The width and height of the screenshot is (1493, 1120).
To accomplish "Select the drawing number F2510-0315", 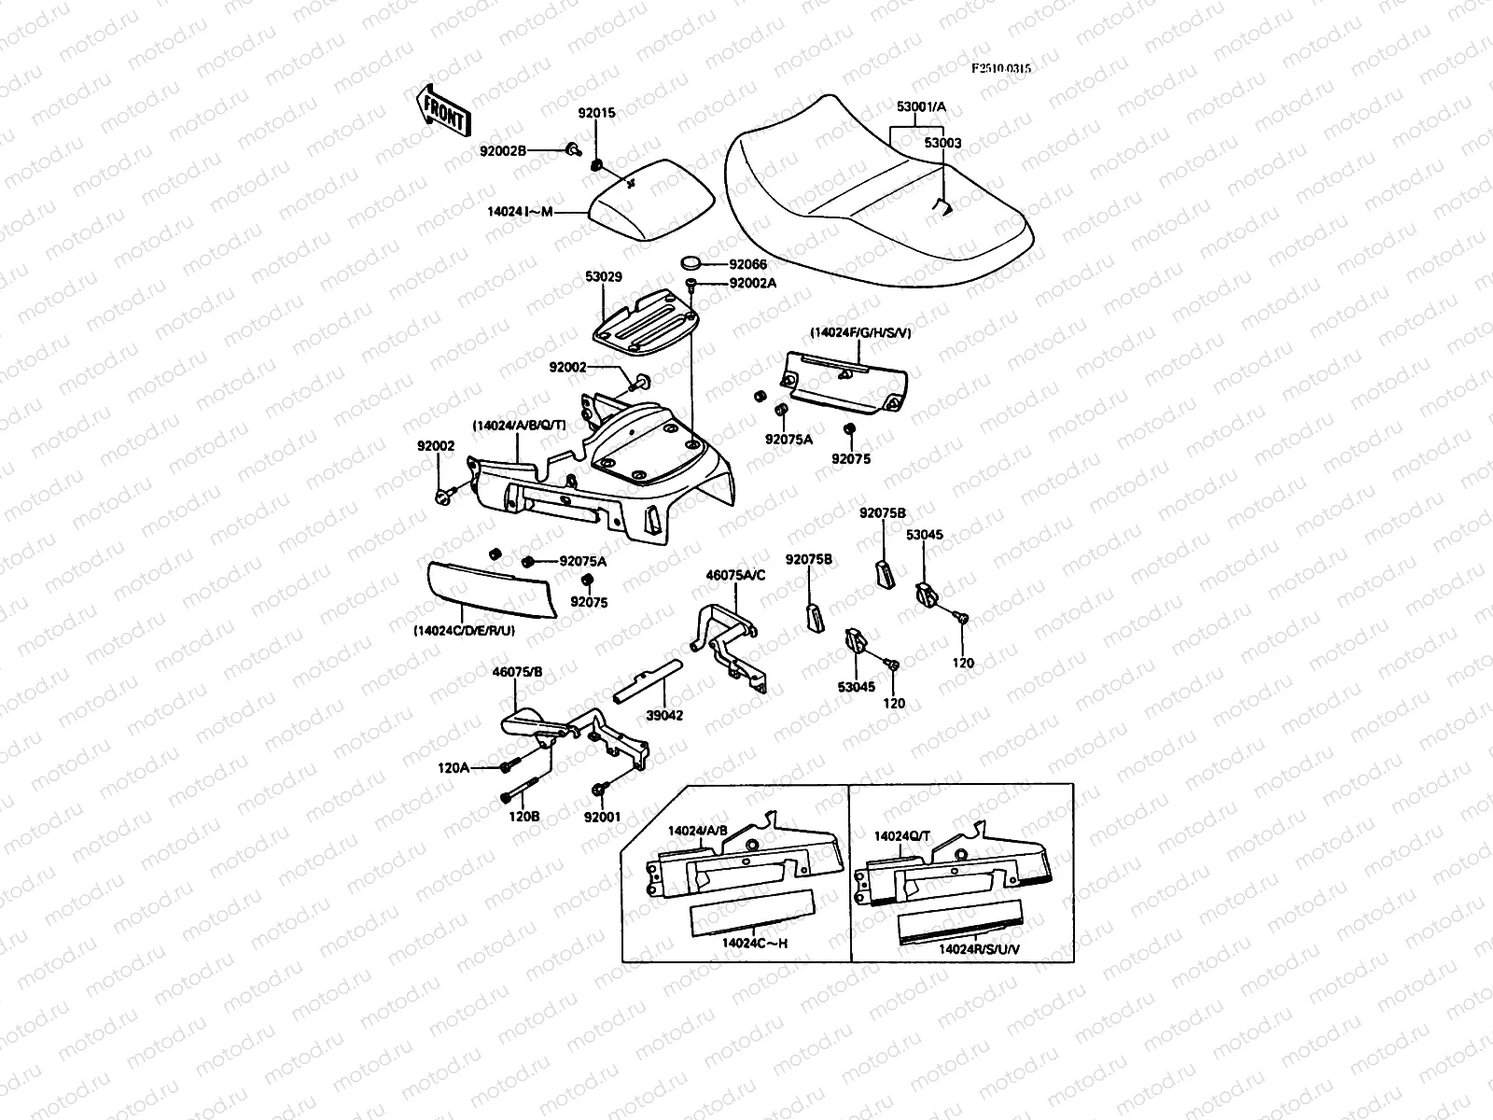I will [x=1001, y=68].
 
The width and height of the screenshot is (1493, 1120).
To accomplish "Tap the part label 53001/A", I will [x=921, y=107].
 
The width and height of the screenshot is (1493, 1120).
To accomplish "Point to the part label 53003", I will [x=942, y=144].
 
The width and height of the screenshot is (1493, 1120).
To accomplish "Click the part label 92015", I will [x=596, y=114].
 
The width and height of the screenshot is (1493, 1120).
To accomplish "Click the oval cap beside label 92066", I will [x=692, y=264].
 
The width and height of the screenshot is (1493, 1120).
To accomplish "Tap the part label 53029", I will [x=604, y=277].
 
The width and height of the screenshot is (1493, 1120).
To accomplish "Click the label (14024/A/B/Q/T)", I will [x=519, y=426].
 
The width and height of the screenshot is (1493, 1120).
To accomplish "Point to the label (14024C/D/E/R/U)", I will [x=464, y=631].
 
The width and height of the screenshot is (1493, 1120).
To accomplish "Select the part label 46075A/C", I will [x=735, y=575].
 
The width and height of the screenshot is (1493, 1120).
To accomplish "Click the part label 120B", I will [x=523, y=816].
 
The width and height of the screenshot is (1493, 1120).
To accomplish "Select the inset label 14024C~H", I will [x=755, y=943].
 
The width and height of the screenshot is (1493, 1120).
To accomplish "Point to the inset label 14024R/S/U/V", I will [x=977, y=948].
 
